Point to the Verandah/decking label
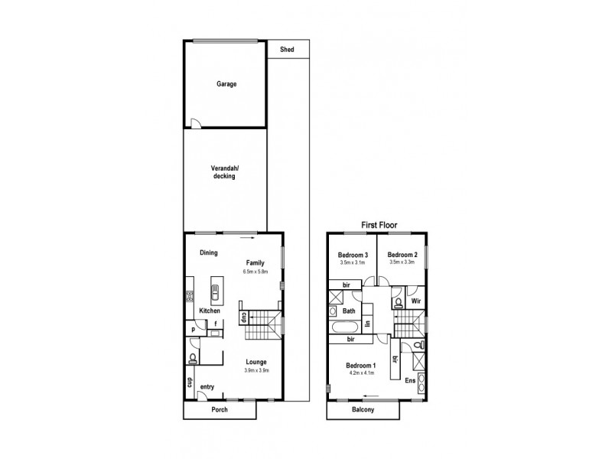tap(223, 172)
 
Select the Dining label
tap(209, 252)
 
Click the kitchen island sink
tap(216, 292)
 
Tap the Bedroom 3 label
tap(353, 255)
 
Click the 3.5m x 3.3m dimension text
tap(402, 263)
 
